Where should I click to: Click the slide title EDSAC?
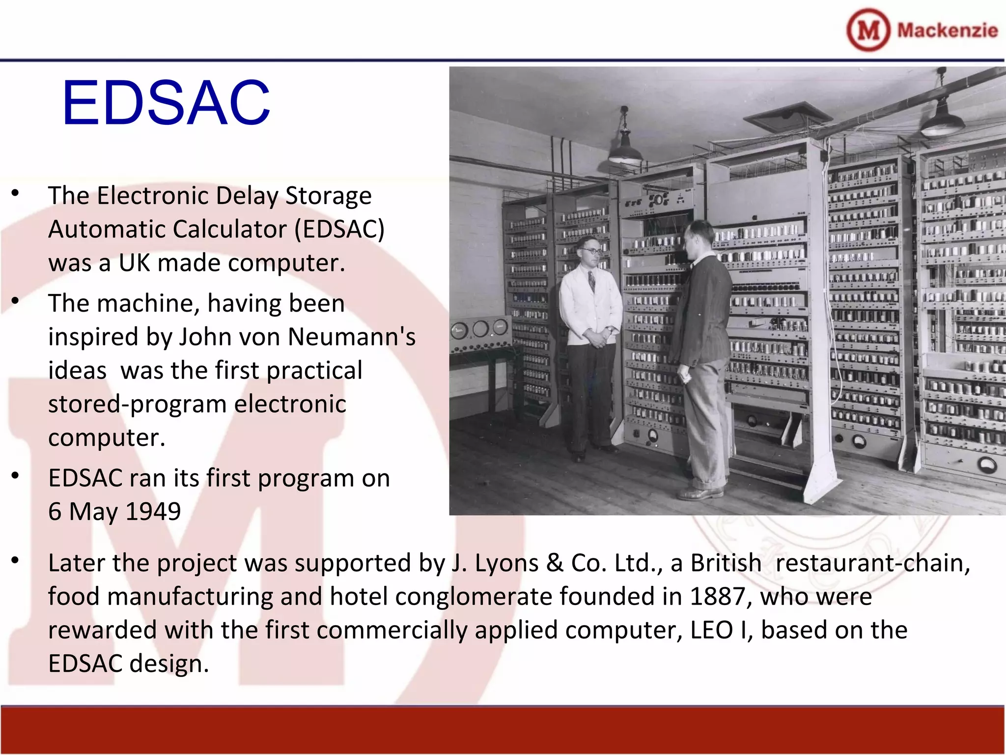[166, 103]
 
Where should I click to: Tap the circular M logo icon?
[868, 30]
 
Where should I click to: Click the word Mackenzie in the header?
[948, 30]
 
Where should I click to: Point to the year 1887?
[718, 596]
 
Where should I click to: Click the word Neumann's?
[352, 337]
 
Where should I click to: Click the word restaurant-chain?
[872, 563]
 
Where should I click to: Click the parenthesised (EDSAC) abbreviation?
[339, 230]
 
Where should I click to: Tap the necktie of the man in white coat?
[591, 281]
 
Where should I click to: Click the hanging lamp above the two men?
[625, 147]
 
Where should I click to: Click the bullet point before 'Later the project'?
[16, 560]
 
